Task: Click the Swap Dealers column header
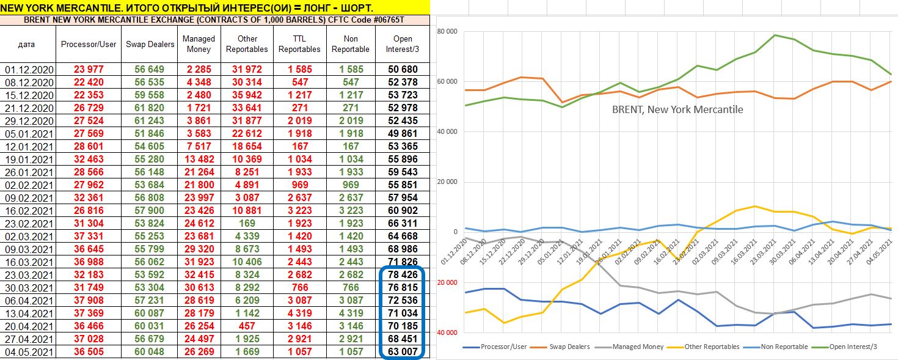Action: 149,44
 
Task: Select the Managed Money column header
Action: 199,44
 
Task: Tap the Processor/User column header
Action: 89,44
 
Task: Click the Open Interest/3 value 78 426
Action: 403,274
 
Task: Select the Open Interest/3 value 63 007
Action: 403,351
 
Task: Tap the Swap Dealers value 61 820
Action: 149,108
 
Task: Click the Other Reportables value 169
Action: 247,223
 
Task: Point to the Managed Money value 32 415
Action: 199,274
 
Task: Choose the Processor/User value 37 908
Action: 89,300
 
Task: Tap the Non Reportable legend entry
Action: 779,347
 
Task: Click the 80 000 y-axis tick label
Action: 447,32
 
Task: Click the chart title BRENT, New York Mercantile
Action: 677,110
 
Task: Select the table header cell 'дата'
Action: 27,44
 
